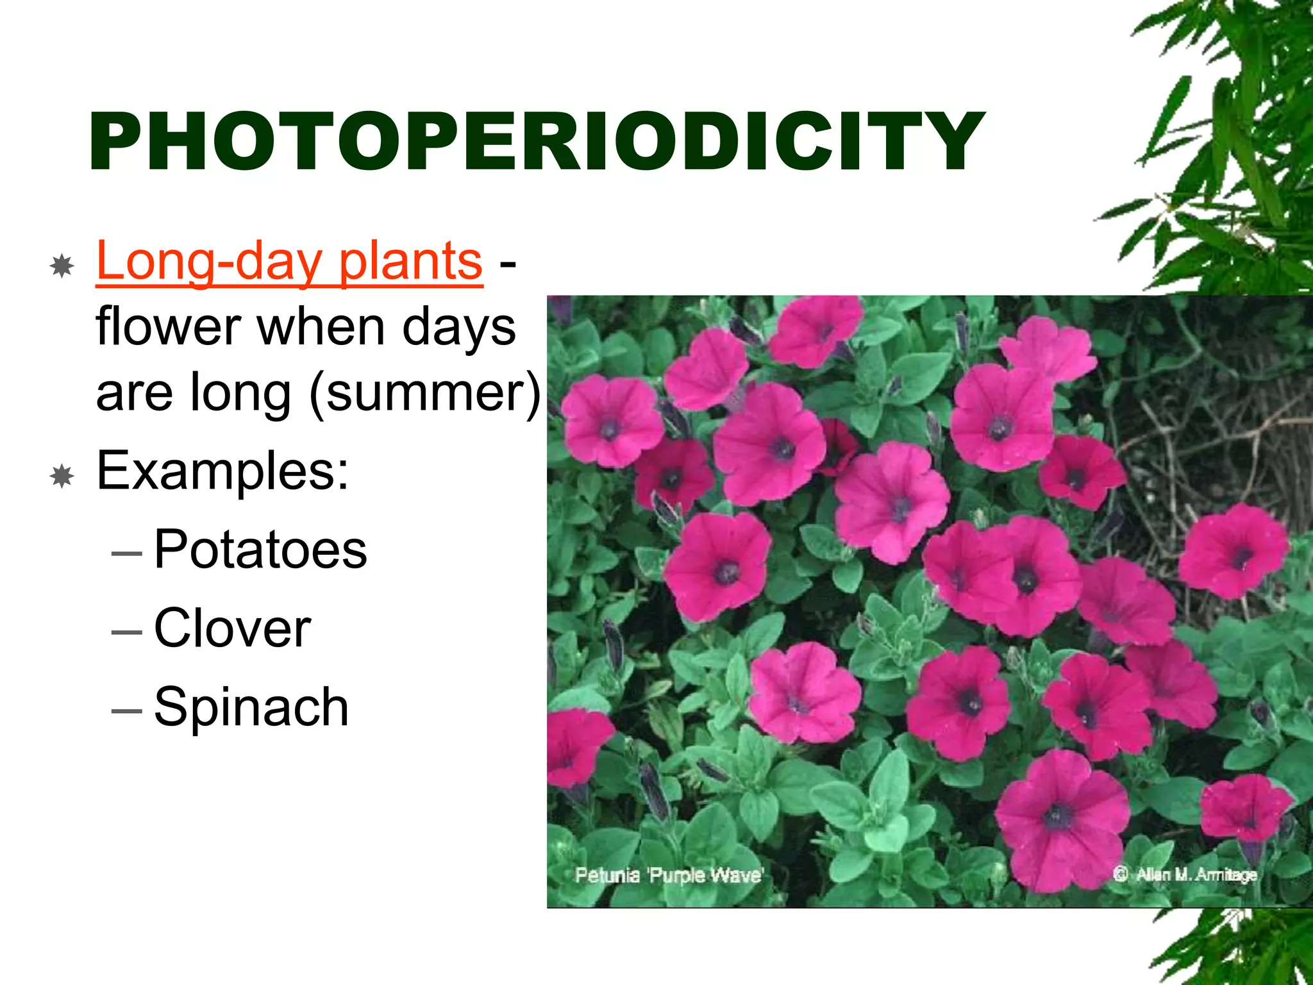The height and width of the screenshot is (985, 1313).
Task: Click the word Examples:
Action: point(222,471)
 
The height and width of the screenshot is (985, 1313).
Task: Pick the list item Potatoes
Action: point(260,550)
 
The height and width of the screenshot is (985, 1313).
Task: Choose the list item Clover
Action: point(232,628)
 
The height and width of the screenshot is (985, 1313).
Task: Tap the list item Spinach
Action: point(251,707)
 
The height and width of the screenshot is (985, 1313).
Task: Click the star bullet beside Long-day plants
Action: point(62,265)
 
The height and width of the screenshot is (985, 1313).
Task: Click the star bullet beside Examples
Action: point(62,476)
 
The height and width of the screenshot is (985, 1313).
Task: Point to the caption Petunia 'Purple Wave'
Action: point(669,875)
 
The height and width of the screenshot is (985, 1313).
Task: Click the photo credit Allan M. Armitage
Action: point(1196,874)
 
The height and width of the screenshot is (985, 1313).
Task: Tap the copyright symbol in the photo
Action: point(1120,874)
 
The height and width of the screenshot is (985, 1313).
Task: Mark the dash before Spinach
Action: point(126,711)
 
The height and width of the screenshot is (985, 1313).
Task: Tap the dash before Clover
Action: point(126,632)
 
